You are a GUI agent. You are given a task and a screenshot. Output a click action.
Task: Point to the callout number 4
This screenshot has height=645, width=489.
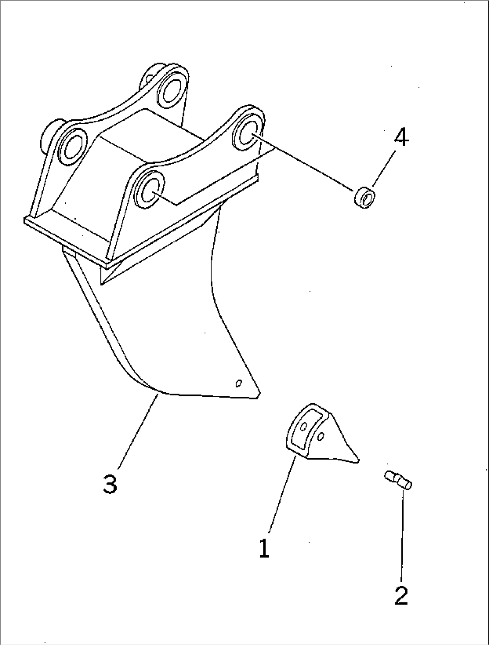point(401,137)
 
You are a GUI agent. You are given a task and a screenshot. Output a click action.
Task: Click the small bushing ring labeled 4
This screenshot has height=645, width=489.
point(365,197)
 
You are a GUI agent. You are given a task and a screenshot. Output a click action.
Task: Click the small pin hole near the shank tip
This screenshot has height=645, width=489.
point(239,383)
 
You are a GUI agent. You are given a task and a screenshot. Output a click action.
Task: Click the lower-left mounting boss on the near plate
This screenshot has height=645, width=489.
point(149,189)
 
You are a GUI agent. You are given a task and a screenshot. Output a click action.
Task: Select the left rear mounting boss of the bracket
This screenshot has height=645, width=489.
point(72,147)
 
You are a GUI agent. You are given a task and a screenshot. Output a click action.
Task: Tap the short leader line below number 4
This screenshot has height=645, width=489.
point(384,168)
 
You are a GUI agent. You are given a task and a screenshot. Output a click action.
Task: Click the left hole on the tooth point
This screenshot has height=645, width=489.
point(304,426)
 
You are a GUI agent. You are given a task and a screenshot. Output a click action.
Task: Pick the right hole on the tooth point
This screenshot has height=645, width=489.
point(321,436)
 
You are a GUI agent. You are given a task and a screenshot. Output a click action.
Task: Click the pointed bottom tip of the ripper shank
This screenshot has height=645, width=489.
point(258,398)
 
